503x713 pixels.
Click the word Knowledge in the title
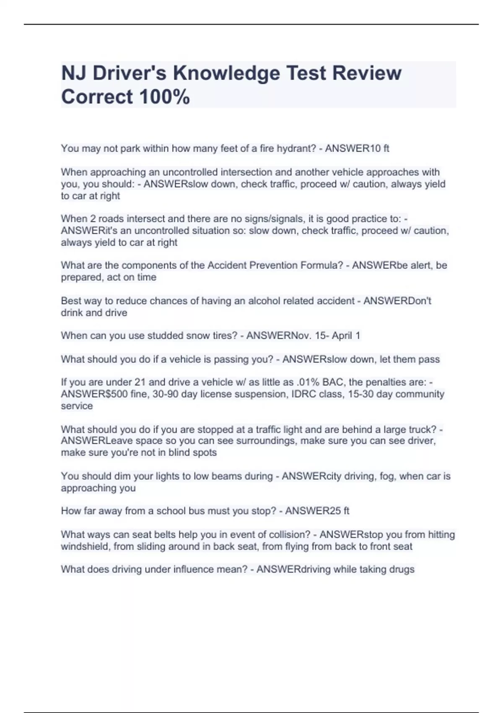point(226,73)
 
